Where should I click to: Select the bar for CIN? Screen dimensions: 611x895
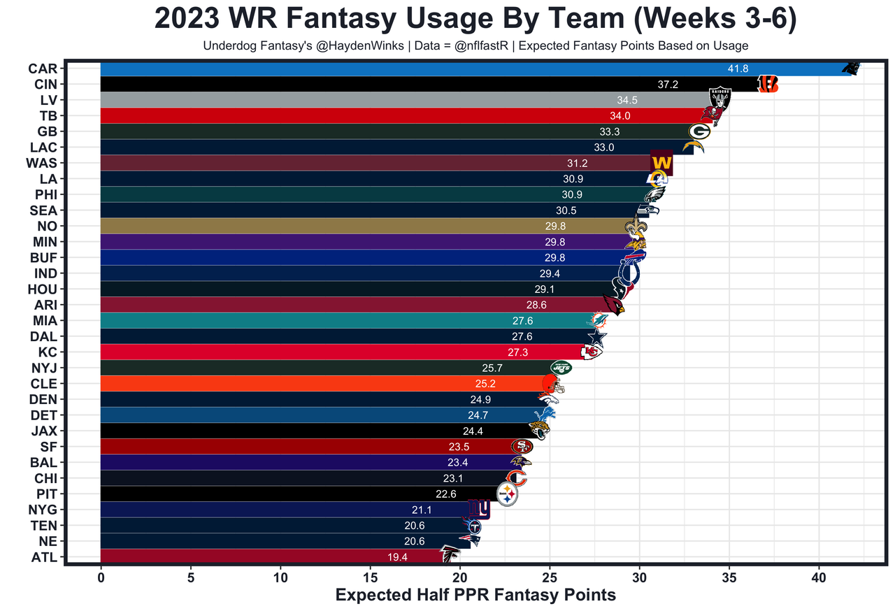pyautogui.click(x=420, y=84)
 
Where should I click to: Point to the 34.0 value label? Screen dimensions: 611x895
pyautogui.click(x=620, y=116)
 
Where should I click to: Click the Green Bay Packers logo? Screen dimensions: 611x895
pyautogui.click(x=699, y=131)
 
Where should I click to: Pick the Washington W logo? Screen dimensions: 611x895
pyautogui.click(x=661, y=164)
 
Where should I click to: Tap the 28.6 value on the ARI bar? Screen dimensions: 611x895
pyautogui.click(x=536, y=305)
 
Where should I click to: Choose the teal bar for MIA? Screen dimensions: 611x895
pyautogui.click(x=336, y=321)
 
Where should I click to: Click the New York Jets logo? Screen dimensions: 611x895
pyautogui.click(x=561, y=367)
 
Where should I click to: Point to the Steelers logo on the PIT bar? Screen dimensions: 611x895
pyautogui.click(x=508, y=494)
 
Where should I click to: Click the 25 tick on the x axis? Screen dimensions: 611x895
pyautogui.click(x=549, y=578)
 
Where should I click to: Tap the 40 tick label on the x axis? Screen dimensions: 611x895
pyautogui.click(x=819, y=578)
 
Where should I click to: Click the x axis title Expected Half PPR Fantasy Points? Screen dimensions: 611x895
pyautogui.click(x=475, y=595)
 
